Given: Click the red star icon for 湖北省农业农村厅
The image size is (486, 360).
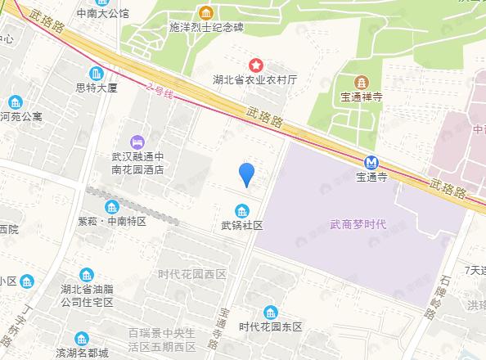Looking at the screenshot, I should pos(256,64).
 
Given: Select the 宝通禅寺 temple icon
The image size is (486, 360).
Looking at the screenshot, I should pos(360,82).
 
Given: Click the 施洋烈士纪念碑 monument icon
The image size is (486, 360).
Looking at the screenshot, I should pos(206,13).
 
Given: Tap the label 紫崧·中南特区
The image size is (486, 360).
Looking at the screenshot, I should pos(112,222).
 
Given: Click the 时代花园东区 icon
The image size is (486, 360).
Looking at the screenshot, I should pos(271,312).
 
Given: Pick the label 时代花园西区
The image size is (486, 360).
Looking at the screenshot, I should pos(192,274).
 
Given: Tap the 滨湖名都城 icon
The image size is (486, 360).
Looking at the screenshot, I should pos(81,338).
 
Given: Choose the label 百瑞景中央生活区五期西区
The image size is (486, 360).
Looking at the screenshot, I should pos(162,339).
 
